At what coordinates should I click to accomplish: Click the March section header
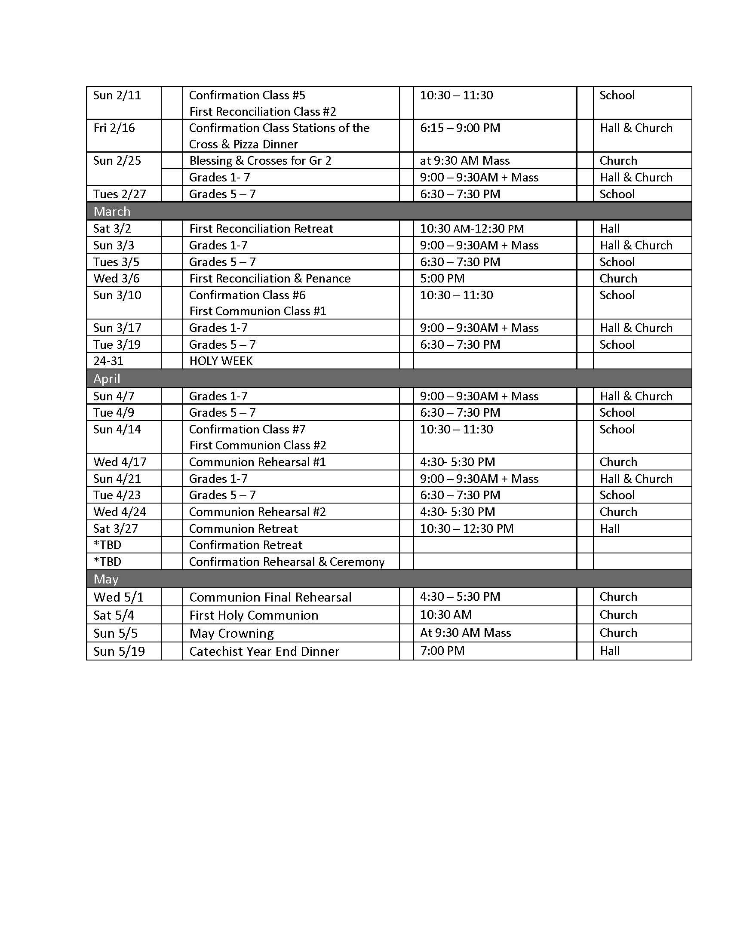point(112,212)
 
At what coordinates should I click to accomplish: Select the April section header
point(107,378)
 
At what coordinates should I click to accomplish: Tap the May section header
point(106,579)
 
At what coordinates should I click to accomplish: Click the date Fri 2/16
point(114,128)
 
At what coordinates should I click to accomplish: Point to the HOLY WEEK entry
point(221,361)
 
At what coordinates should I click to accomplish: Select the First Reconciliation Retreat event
point(261,229)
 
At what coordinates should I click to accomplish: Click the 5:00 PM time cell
point(442,279)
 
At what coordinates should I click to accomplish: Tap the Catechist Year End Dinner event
point(264,651)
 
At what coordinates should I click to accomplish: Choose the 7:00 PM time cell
point(442,651)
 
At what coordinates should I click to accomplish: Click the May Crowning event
point(231,633)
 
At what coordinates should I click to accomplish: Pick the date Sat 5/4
point(114,615)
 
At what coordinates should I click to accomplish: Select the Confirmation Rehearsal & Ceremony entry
point(287,562)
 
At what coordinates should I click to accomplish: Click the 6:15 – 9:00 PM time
point(460,128)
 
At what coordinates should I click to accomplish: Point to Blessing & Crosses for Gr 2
point(260,161)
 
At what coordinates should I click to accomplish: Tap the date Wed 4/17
point(120,462)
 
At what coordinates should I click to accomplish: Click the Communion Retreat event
point(243,529)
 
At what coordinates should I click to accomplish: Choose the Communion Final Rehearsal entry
point(270,597)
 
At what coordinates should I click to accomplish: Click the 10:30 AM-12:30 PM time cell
point(472,229)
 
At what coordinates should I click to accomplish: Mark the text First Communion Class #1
point(258,311)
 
